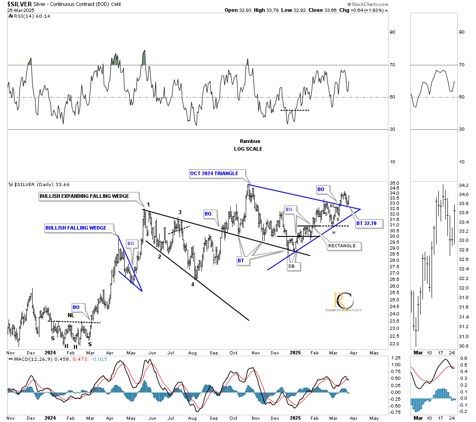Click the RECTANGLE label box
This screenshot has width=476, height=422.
(x=344, y=246)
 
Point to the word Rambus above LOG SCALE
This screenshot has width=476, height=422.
(x=248, y=141)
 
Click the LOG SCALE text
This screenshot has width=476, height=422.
(x=248, y=149)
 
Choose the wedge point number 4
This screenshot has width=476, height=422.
(x=192, y=285)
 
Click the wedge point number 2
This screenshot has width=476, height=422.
(x=159, y=257)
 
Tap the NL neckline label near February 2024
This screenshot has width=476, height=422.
(x=71, y=315)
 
